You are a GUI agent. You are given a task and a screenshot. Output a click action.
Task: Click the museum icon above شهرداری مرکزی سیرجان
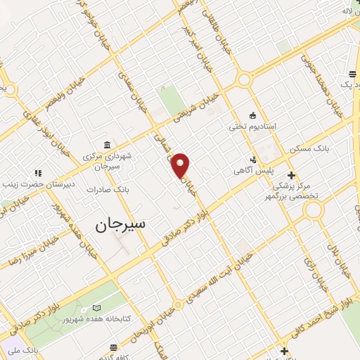coord(106,143)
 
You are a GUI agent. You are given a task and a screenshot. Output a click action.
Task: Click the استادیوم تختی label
coord(252,127)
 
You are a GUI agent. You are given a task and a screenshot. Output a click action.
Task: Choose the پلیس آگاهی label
coord(254,170)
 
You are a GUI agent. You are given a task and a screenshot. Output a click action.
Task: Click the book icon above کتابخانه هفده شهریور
coord(97,308)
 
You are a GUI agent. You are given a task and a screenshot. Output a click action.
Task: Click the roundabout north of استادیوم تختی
coord(245,79)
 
